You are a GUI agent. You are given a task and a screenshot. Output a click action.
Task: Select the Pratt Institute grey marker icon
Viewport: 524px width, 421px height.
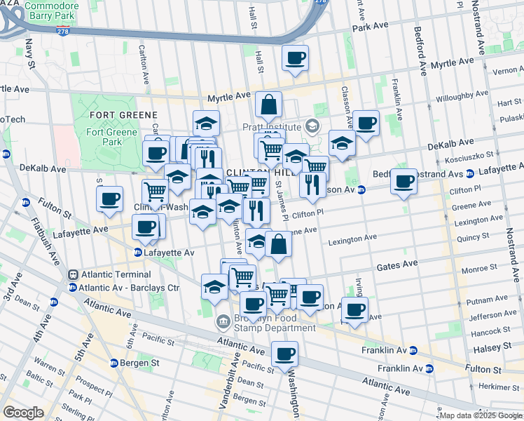(x=312, y=127)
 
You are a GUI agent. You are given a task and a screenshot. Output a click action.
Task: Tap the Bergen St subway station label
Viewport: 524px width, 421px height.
(x=135, y=363)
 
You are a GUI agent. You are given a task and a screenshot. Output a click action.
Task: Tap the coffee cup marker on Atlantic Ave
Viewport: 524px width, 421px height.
(x=284, y=354)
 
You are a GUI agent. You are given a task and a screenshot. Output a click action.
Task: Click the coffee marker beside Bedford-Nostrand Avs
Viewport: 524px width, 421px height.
(x=404, y=182)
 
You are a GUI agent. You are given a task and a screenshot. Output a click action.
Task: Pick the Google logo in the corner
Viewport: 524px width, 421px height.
(x=23, y=413)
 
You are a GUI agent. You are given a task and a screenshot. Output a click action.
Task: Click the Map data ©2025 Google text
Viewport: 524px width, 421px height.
(x=481, y=415)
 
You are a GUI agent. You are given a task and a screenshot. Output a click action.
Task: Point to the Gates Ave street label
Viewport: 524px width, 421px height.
(x=397, y=265)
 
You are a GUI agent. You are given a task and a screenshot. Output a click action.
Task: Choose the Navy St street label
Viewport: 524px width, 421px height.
(x=30, y=53)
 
